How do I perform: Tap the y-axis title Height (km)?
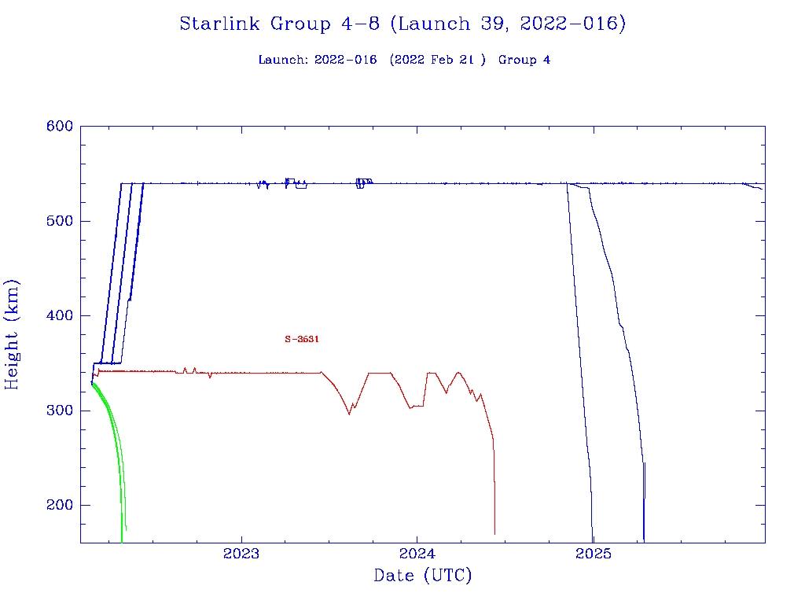(x=12, y=334)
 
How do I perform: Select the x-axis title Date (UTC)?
(x=423, y=576)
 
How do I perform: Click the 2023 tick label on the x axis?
(x=241, y=553)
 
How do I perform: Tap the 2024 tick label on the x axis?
(x=417, y=553)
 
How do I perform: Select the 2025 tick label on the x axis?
(x=594, y=553)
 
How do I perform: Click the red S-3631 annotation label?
(x=301, y=339)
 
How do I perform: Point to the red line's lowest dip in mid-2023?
(x=350, y=414)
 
